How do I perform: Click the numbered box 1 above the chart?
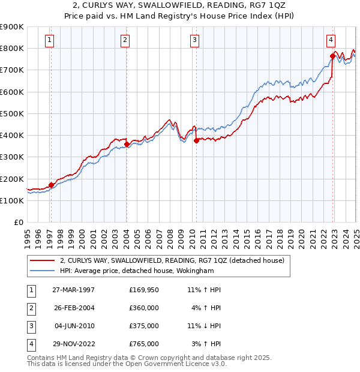[49, 40]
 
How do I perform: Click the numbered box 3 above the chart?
[195, 40]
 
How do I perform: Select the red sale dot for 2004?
[127, 144]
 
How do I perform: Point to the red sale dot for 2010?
[196, 141]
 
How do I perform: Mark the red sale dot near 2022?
[332, 56]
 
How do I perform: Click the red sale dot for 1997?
[51, 185]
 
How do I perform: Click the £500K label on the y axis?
[12, 113]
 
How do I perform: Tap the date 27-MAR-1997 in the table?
[74, 290]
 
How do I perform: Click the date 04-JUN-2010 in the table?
[74, 326]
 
